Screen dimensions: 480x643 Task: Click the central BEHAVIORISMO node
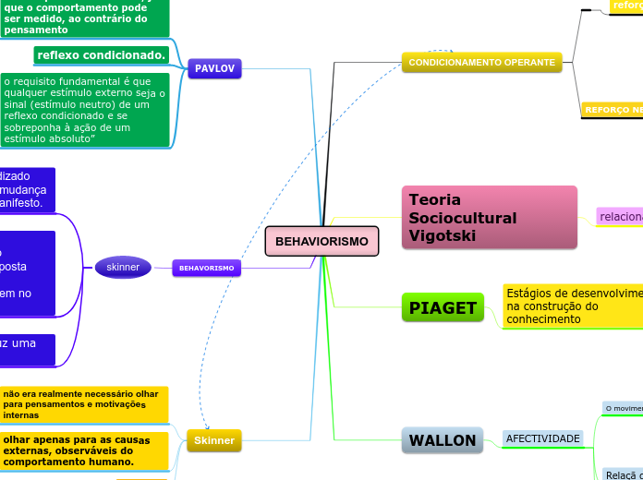tap(321, 241)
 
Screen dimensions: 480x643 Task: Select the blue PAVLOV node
tap(215, 68)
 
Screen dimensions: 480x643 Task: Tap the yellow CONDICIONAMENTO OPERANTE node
tap(482, 63)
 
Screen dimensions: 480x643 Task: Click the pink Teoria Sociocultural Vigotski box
tap(489, 218)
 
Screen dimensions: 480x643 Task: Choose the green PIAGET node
tap(443, 307)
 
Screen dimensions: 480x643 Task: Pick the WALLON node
tap(443, 440)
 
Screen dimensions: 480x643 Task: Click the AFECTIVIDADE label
tap(542, 438)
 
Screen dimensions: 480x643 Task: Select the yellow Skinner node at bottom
tap(213, 441)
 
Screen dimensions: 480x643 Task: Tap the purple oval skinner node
tap(123, 268)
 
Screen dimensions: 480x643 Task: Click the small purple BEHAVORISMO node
tap(206, 268)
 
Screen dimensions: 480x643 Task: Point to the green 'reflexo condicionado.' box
tap(102, 55)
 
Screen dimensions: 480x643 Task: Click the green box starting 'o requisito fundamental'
tap(85, 110)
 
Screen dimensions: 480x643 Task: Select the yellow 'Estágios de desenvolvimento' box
tap(573, 306)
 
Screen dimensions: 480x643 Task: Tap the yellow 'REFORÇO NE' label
tap(612, 110)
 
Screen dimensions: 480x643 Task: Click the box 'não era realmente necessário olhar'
tap(84, 404)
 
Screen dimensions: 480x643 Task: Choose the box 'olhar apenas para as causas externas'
tap(84, 450)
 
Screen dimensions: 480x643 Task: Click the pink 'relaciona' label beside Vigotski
tap(620, 216)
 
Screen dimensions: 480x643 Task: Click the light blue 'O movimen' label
tap(623, 408)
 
